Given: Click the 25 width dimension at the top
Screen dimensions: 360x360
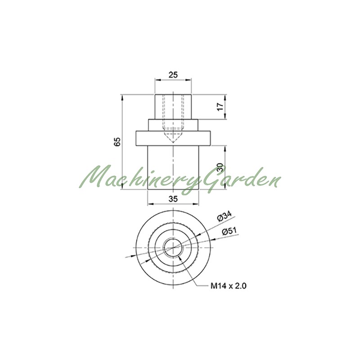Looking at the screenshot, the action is [173, 75].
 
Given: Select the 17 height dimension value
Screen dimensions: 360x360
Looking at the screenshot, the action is [220, 107].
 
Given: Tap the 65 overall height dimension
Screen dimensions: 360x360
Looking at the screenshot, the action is [117, 142].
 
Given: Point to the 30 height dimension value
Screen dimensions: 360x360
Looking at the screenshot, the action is [220, 167].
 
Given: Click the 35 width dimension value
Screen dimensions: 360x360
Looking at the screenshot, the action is [173, 199].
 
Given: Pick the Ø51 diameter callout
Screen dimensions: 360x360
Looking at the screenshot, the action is [229, 231].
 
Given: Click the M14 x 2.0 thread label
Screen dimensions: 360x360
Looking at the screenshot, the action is [229, 286].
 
